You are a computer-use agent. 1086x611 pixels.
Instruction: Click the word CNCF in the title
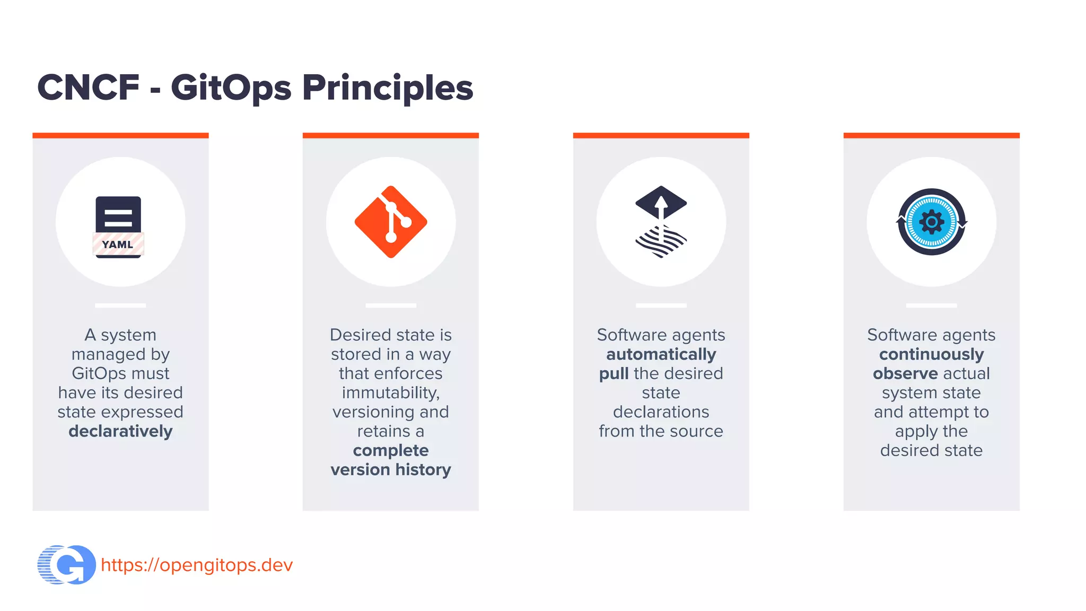click(88, 88)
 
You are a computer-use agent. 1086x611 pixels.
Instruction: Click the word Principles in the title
click(387, 88)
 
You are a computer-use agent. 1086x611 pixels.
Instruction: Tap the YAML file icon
click(118, 227)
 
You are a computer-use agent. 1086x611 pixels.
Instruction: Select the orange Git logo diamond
click(391, 222)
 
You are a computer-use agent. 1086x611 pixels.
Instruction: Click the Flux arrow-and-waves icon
click(661, 222)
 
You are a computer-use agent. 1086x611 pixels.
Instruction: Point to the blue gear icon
click(931, 222)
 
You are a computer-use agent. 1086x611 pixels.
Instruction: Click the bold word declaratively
click(120, 431)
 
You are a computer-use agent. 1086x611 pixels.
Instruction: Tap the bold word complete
click(391, 450)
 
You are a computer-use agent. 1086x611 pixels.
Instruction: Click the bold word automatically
click(661, 354)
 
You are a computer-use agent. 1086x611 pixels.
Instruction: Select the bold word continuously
click(931, 354)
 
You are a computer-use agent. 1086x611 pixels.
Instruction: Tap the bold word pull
click(614, 373)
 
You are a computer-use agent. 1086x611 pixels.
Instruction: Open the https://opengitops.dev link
click(197, 565)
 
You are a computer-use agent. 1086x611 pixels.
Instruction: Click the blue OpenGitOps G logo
click(67, 565)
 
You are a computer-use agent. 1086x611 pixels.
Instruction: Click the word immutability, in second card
click(391, 392)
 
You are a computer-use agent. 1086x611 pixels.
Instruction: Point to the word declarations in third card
click(661, 412)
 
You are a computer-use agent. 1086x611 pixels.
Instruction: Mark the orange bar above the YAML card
click(120, 135)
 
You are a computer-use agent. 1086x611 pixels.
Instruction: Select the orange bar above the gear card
click(931, 135)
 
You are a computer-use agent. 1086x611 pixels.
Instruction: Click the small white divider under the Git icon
click(391, 305)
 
